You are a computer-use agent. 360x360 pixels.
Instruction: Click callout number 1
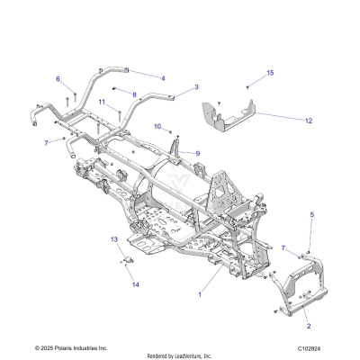200,293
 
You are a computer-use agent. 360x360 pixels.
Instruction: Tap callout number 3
196,87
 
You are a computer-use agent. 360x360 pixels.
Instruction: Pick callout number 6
58,78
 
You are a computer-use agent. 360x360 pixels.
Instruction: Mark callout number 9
197,154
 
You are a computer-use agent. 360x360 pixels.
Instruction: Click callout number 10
157,126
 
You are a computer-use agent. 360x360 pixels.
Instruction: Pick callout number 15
270,72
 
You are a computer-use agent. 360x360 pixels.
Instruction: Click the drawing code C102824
333,346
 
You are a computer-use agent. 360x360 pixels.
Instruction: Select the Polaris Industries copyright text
71,346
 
